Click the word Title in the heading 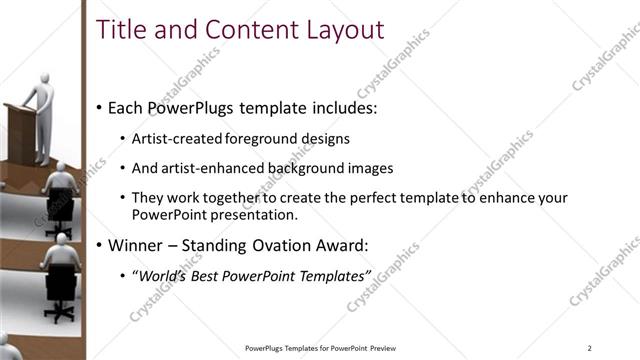(122, 30)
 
